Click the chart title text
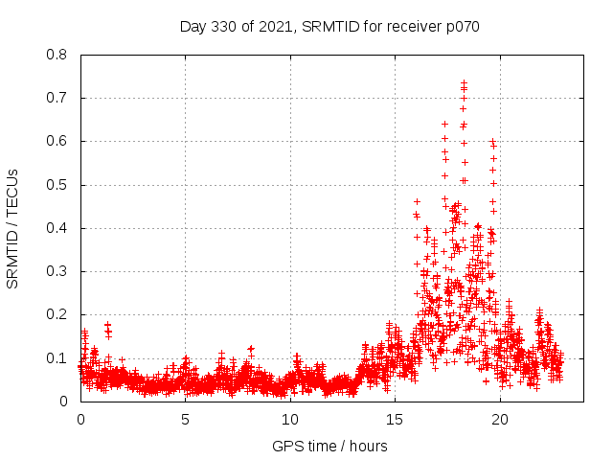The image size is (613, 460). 329,26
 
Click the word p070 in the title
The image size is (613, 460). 462,26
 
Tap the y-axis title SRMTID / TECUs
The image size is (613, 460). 13,228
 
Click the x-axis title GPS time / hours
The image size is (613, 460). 329,446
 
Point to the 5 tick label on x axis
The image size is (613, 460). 185,419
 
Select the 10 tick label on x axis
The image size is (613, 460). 289,419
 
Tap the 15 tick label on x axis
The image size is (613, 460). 394,419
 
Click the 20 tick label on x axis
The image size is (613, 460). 498,419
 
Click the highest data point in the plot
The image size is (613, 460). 465,83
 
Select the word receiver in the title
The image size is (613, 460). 414,26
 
